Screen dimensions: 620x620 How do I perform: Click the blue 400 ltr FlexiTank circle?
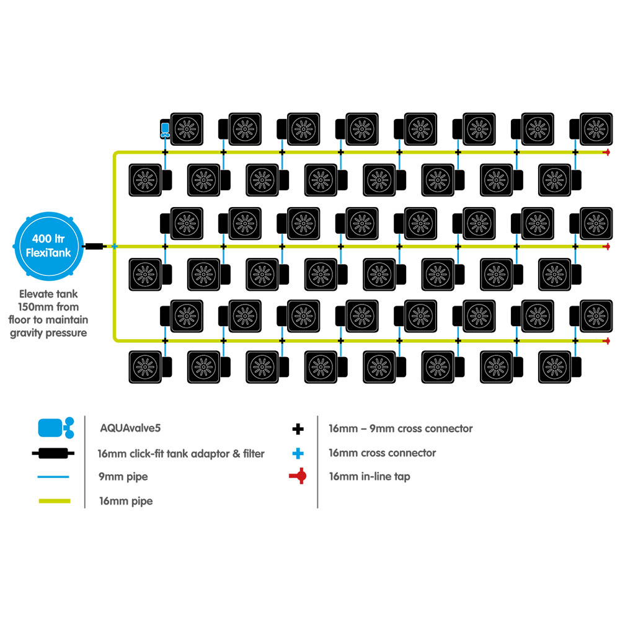pos(48,246)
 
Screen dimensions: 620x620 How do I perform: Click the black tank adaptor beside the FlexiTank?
pos(94,246)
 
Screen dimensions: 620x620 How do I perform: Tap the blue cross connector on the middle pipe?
pos(115,246)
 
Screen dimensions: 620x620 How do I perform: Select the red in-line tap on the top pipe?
pos(606,153)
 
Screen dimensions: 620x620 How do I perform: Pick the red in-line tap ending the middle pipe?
pos(606,246)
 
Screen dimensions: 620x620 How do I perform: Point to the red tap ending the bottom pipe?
pos(606,340)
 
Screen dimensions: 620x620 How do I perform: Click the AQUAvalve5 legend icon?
pos(56,428)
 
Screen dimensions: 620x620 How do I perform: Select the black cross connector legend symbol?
pos(298,428)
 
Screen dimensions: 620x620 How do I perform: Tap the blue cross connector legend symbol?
pos(298,453)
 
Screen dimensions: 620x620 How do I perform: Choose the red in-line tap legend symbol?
pos(298,476)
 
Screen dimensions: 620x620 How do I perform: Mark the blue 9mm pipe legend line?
pos(53,477)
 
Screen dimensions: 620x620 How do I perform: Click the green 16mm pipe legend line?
pos(55,501)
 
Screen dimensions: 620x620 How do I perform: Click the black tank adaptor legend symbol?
pos(53,453)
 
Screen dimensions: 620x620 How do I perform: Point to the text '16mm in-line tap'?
pos(370,476)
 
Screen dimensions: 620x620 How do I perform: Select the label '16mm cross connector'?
pos(383,453)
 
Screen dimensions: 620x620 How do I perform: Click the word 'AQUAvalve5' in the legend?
pos(130,428)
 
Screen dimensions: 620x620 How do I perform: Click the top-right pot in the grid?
pos(591,129)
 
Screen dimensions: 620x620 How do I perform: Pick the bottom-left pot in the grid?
pos(150,367)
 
